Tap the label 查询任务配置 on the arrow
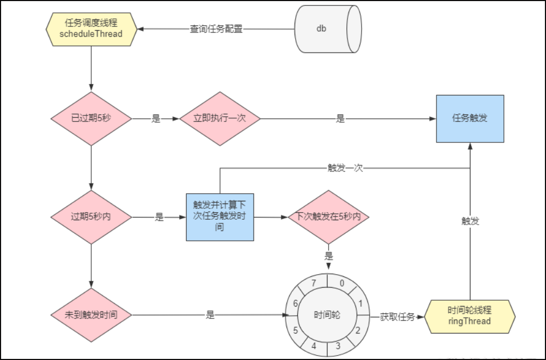point(216,29)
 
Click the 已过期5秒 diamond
point(91,118)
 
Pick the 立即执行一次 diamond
point(220,118)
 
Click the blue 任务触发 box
point(470,119)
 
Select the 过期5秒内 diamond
point(91,218)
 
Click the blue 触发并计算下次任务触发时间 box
point(220,217)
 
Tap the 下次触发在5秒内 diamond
point(329,217)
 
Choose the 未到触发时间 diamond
point(91,315)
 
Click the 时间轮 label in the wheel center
point(327,315)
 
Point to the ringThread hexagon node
point(469,316)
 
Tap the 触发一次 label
point(345,167)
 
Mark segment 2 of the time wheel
point(358,330)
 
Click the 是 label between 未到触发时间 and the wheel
point(210,315)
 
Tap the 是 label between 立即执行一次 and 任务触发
point(340,119)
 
